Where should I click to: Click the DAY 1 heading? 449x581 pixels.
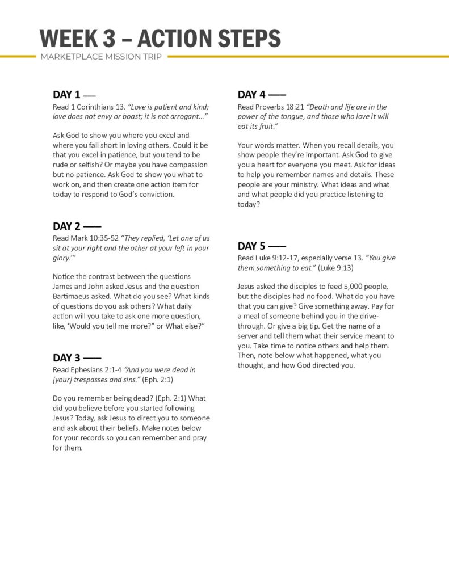67,95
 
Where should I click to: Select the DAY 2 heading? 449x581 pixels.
67,226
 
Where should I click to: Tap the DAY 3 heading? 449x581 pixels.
67,358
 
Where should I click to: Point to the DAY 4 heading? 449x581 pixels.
252,95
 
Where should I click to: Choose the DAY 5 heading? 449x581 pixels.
252,246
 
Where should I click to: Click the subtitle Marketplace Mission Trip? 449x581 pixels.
102,57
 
